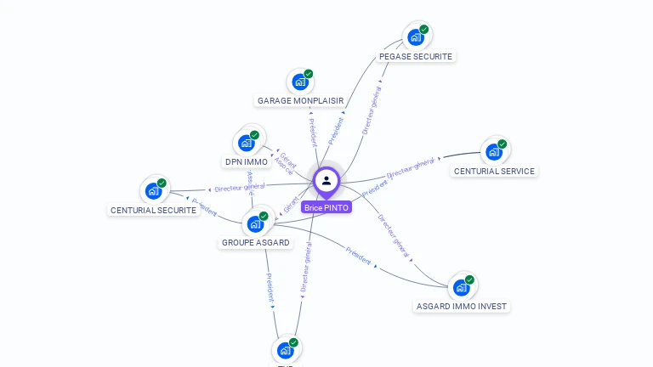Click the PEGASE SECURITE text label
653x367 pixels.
pyautogui.click(x=416, y=56)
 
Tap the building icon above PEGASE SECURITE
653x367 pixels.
pyautogui.click(x=416, y=37)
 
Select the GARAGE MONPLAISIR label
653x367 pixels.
pyautogui.click(x=300, y=100)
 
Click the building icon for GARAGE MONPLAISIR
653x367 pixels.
pyautogui.click(x=299, y=82)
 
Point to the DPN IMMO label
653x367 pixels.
pyautogui.click(x=247, y=161)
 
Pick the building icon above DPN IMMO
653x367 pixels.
pyautogui.click(x=247, y=143)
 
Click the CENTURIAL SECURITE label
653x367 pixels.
pyautogui.click(x=154, y=210)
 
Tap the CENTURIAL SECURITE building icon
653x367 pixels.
pyautogui.click(x=154, y=190)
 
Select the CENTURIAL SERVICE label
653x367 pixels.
pyautogui.click(x=494, y=171)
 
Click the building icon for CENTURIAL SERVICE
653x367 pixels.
pyautogui.click(x=494, y=152)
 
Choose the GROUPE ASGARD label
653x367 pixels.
pyautogui.click(x=255, y=242)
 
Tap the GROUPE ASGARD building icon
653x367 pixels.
pyautogui.click(x=255, y=223)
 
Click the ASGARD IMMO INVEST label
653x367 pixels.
pyautogui.click(x=463, y=306)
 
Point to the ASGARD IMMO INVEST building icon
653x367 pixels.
pyautogui.click(x=462, y=286)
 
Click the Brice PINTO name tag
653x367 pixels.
pyautogui.click(x=326, y=207)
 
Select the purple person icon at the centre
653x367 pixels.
pyautogui.click(x=326, y=180)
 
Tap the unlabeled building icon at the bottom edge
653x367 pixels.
pyautogui.click(x=286, y=350)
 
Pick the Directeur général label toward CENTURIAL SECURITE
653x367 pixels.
pyautogui.click(x=240, y=187)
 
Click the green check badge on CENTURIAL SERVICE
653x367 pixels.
pyautogui.click(x=503, y=144)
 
